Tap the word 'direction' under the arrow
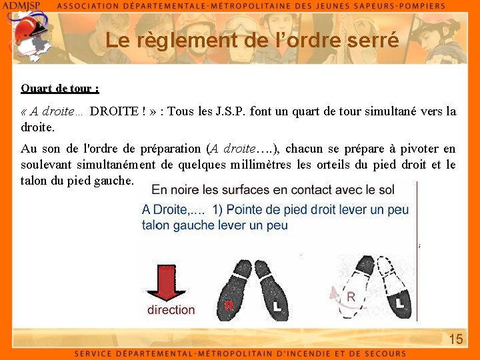pyautogui.click(x=171, y=310)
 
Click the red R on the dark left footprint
pyautogui.click(x=229, y=305)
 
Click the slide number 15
pyautogui.click(x=455, y=339)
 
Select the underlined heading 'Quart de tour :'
pyautogui.click(x=60, y=88)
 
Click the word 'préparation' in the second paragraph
pyautogui.click(x=169, y=149)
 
